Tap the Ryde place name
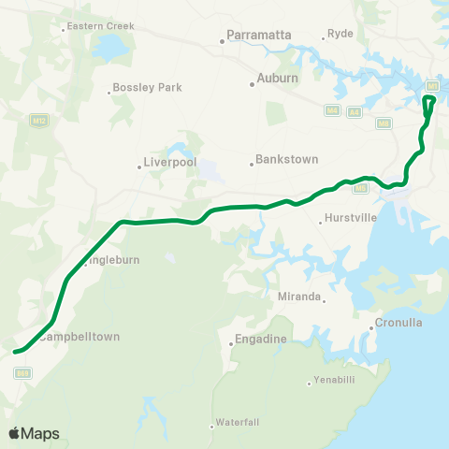[x=340, y=35]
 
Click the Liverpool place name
[x=170, y=162]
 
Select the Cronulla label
[x=399, y=323]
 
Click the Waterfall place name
[x=238, y=422]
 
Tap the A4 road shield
[x=354, y=111]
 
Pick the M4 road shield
[x=332, y=110]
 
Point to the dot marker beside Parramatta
[x=223, y=40]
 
